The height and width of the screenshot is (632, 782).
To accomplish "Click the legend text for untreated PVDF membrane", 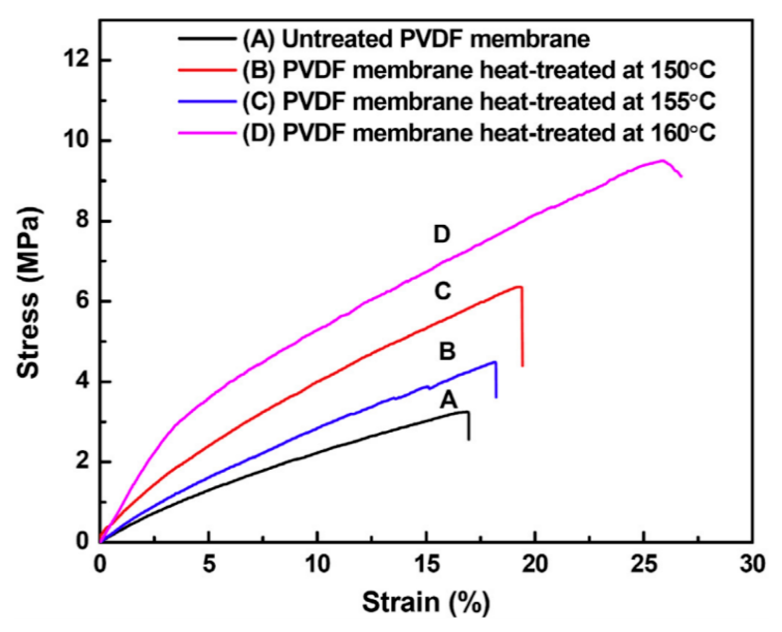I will pyautogui.click(x=416, y=39).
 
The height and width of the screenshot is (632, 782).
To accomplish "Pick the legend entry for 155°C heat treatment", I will pyautogui.click(x=479, y=101).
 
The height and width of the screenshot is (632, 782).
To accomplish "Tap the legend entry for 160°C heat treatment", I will pyautogui.click(x=479, y=133).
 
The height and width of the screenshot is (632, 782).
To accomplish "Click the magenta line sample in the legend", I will pyautogui.click(x=207, y=133).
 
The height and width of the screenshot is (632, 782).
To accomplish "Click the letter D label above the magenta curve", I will pyautogui.click(x=442, y=235).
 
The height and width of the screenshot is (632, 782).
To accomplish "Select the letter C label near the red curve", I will pyautogui.click(x=443, y=292).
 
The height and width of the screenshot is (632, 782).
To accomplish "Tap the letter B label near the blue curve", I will pyautogui.click(x=447, y=351).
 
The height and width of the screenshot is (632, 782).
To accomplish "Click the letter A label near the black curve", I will pyautogui.click(x=449, y=400).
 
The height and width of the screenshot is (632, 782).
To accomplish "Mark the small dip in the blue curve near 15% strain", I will pyautogui.click(x=430, y=388).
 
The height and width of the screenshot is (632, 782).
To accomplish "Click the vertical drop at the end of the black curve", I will pyautogui.click(x=469, y=427).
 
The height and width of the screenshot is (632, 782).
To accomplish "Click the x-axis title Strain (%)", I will pyautogui.click(x=426, y=602).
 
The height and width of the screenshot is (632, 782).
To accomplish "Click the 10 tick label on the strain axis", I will pyautogui.click(x=317, y=565).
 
